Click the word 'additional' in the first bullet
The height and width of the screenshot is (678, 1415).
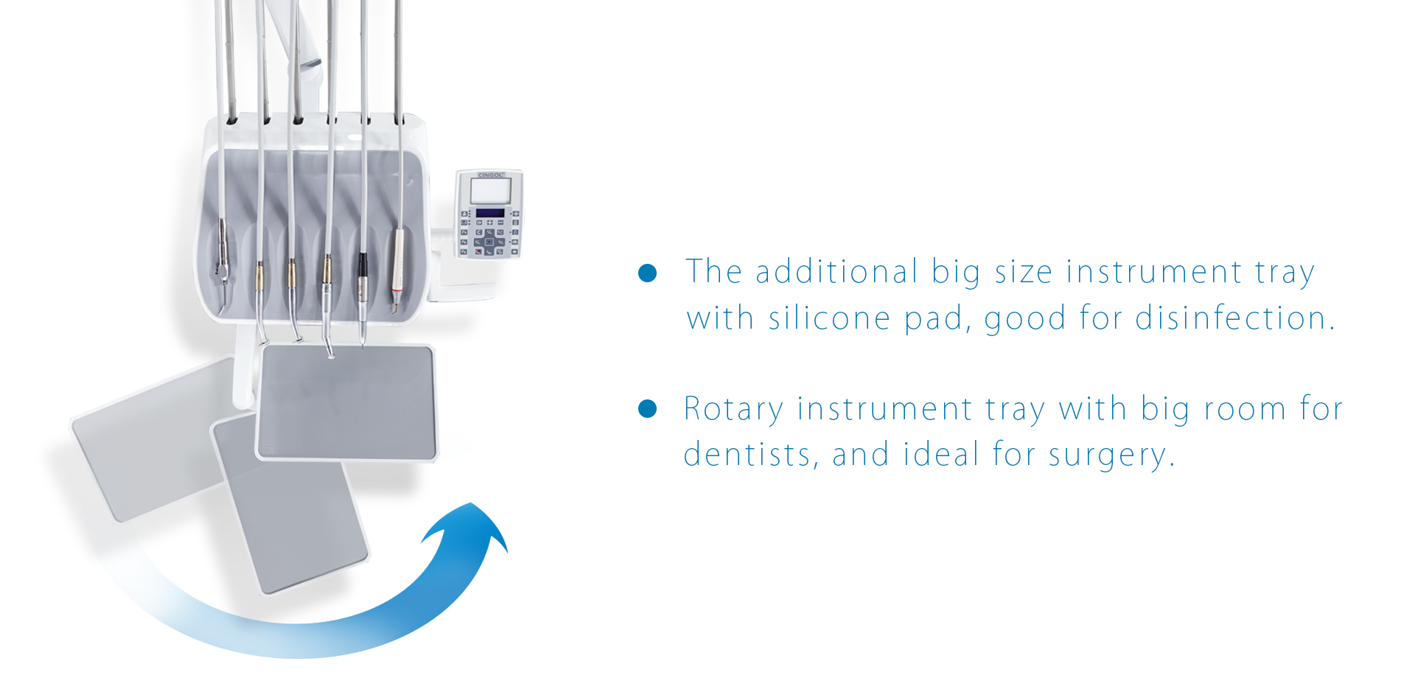click(836, 271)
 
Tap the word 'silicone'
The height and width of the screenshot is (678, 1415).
click(829, 318)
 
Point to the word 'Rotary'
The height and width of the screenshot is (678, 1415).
click(734, 409)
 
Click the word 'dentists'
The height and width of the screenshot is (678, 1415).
click(747, 454)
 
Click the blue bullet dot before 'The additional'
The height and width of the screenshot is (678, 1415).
click(647, 273)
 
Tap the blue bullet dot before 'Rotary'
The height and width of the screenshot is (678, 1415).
click(647, 409)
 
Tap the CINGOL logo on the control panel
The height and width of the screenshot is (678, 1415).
click(490, 175)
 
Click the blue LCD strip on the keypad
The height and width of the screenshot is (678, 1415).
click(490, 213)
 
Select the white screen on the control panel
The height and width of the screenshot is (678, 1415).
click(491, 192)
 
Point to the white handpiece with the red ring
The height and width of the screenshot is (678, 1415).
click(397, 269)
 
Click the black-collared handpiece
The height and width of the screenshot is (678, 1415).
click(363, 295)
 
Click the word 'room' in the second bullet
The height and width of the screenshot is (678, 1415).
click(1244, 409)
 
